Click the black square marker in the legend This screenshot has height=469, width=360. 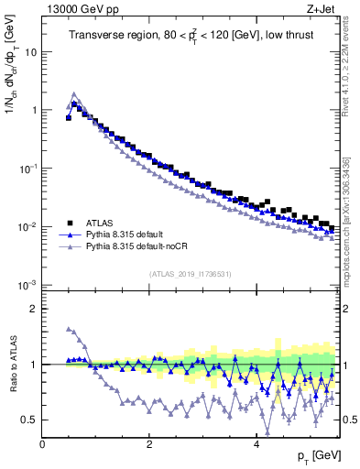pyautogui.click(x=70, y=222)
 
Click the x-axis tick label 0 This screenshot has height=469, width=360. pyautogui.click(x=42, y=443)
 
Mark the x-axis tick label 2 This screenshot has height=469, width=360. pyautogui.click(x=148, y=443)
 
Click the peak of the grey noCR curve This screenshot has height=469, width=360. pyautogui.click(x=74, y=93)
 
